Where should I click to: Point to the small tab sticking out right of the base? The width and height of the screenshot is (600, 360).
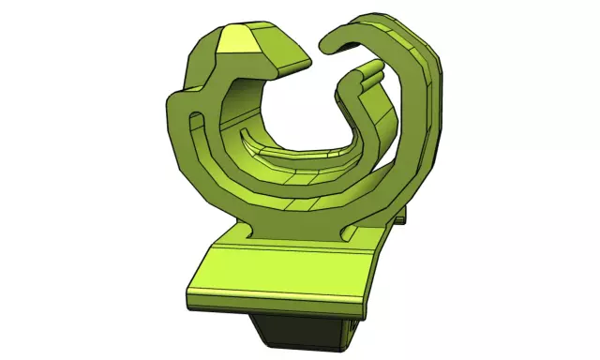[x=402, y=219]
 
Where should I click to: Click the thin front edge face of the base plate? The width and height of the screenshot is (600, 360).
[x=272, y=306]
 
